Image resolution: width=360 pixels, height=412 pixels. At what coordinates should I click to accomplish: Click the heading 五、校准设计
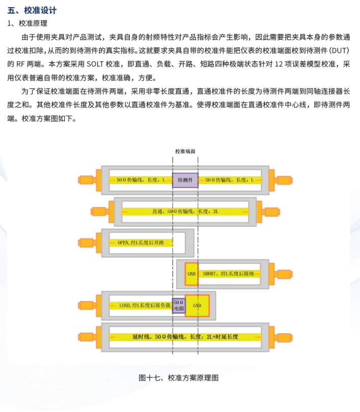(32, 10)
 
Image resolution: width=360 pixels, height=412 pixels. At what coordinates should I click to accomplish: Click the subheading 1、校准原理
(27, 23)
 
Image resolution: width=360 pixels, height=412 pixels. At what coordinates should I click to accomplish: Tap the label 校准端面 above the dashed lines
(185, 152)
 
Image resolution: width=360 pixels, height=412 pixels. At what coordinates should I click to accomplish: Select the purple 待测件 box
(185, 180)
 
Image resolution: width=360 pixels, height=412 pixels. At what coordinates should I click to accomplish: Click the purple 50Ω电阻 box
(179, 306)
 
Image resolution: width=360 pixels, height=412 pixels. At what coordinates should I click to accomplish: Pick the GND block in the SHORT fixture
(191, 274)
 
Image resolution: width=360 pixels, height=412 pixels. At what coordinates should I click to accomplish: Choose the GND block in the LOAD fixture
(197, 306)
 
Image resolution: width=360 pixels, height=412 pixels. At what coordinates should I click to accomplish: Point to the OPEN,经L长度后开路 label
(141, 243)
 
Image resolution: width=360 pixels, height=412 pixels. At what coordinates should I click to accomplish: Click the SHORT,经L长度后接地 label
(228, 274)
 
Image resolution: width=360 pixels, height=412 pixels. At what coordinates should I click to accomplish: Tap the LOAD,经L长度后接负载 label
(145, 305)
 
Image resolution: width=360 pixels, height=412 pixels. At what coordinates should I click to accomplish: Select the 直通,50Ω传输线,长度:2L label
(185, 211)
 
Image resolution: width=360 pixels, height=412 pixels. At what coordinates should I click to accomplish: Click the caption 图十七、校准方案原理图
(179, 378)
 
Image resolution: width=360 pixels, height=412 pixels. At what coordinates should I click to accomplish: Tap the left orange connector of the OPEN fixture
(90, 243)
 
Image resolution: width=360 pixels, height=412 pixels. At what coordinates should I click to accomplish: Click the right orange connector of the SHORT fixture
(281, 274)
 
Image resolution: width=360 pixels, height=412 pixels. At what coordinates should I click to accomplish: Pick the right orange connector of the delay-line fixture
(281, 337)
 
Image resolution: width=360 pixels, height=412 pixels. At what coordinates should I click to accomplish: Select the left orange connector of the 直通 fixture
(102, 212)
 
